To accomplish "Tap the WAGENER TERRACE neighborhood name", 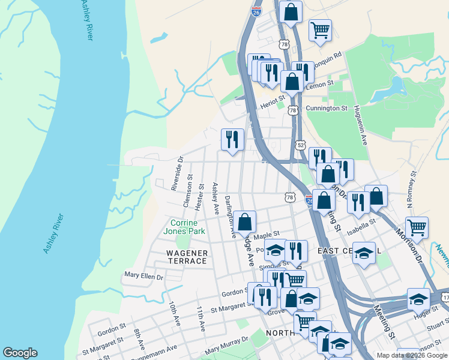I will [x=187, y=257].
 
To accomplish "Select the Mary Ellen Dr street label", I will [x=143, y=277].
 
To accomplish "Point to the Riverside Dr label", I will [x=176, y=173].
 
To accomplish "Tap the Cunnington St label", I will [x=327, y=109].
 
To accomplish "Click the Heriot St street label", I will [x=272, y=104].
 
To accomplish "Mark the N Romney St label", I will [x=411, y=189].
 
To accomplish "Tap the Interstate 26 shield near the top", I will [x=256, y=11].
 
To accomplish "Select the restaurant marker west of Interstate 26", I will [x=232, y=139].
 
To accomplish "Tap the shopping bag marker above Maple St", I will [x=245, y=222].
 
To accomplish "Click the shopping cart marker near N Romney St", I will [x=417, y=227].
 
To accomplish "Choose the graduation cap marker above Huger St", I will [x=418, y=299].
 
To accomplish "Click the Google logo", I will [x=20, y=353].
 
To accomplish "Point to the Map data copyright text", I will [x=411, y=355].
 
